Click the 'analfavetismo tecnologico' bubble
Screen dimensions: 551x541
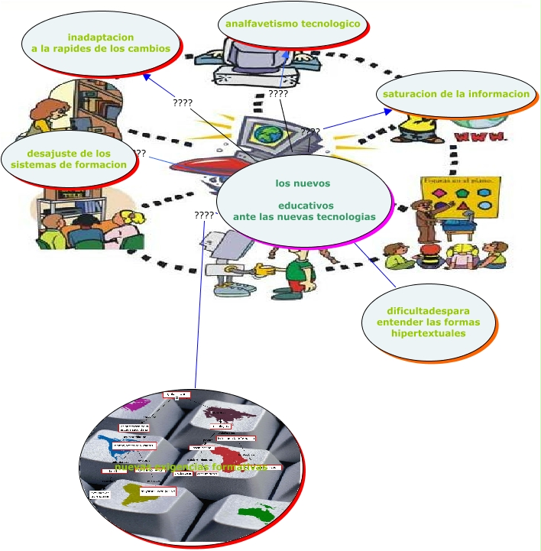tap(292, 24)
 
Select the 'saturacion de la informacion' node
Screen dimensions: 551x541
tap(456, 94)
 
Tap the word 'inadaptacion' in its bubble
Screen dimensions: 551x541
tap(101, 37)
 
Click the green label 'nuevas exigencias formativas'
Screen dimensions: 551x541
tap(191, 467)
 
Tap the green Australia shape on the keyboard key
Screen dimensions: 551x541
tap(256, 510)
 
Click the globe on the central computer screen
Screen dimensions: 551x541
tap(267, 135)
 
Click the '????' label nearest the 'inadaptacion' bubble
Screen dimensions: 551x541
tap(183, 103)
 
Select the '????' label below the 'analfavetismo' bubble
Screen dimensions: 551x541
tap(278, 94)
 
